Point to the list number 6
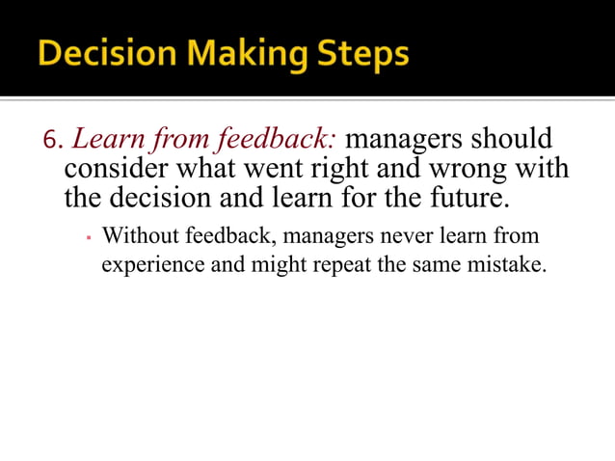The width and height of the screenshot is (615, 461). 52,142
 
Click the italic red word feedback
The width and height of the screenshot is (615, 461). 275,140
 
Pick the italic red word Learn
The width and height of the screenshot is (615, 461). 101,140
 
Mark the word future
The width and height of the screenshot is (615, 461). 468,199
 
